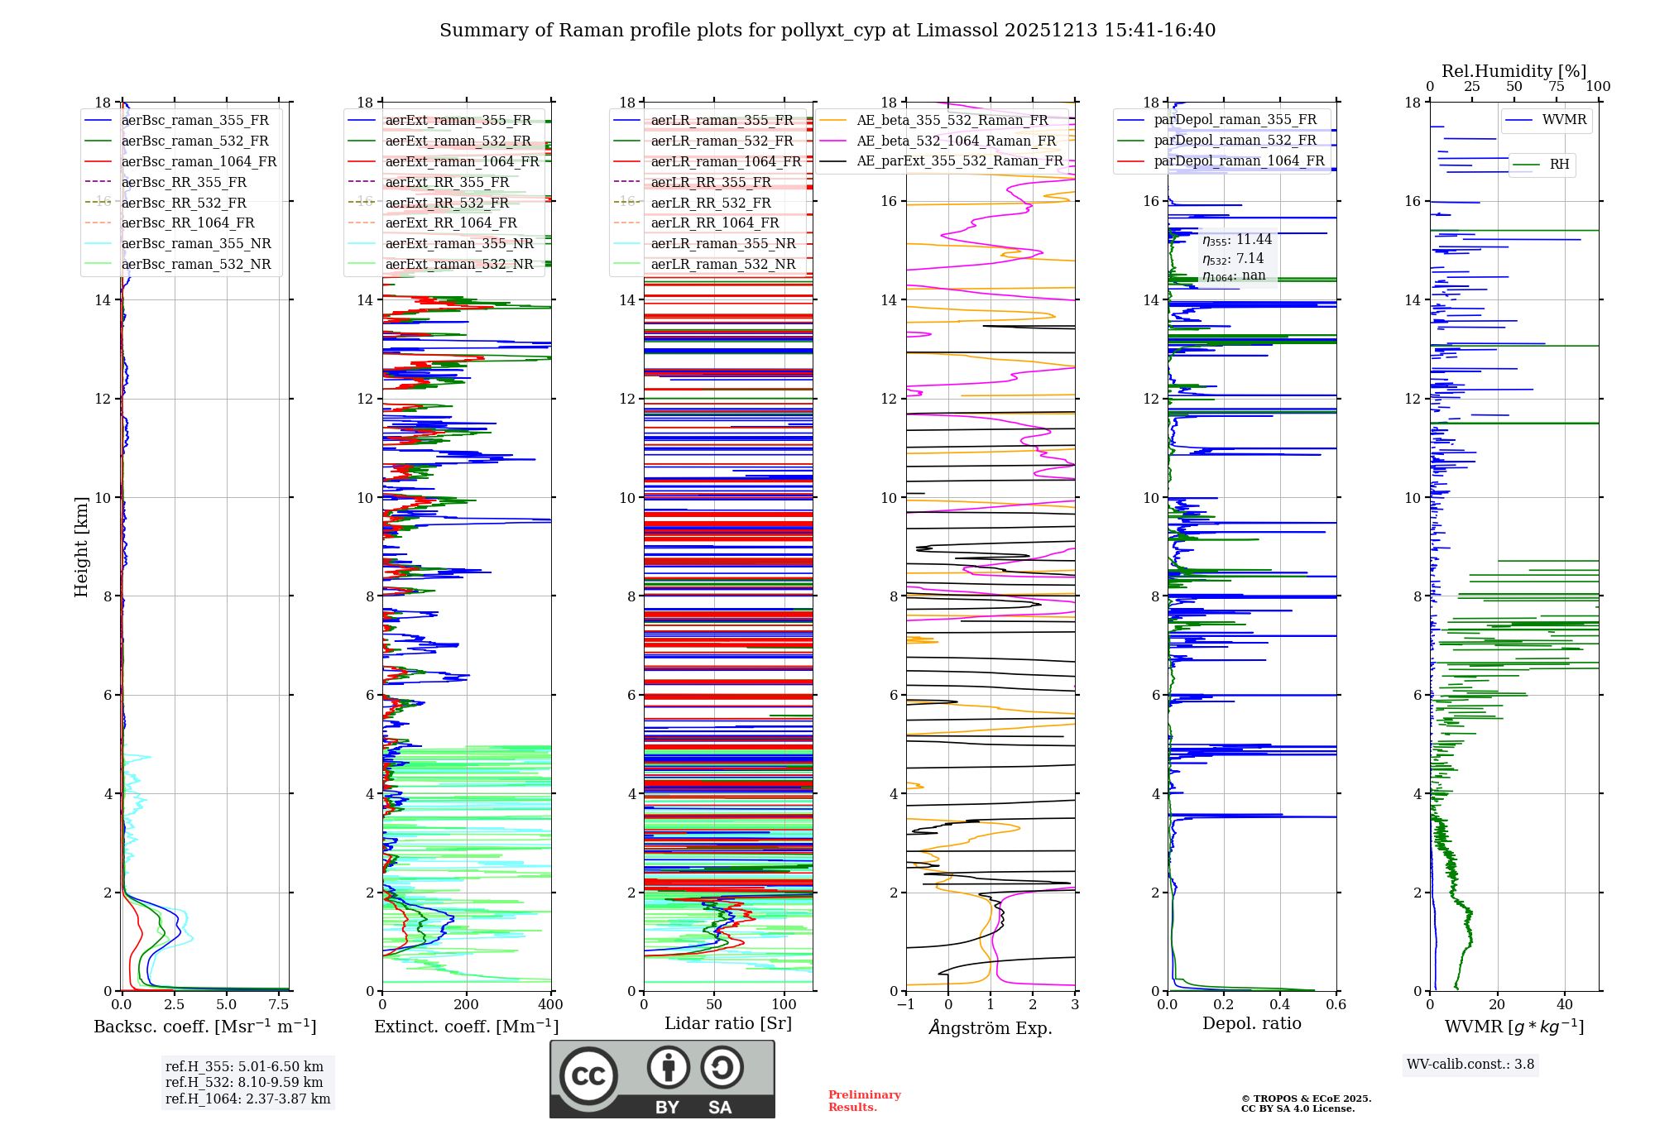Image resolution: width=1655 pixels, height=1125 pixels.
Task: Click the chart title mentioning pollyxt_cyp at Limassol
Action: (827, 31)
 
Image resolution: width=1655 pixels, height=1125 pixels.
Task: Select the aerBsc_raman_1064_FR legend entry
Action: (199, 161)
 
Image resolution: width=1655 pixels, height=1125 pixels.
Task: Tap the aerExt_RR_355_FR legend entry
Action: (447, 182)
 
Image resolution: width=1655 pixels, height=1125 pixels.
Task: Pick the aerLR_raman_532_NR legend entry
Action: (722, 264)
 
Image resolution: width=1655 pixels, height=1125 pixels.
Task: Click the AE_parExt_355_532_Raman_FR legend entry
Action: (959, 160)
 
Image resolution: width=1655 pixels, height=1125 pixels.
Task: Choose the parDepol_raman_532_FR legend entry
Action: (1235, 140)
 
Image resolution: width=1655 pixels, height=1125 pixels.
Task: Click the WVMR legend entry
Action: (1564, 120)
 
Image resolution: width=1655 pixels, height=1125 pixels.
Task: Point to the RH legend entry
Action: (1559, 165)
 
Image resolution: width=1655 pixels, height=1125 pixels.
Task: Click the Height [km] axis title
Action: (81, 547)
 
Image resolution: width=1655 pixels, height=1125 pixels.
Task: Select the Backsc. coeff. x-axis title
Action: (205, 1027)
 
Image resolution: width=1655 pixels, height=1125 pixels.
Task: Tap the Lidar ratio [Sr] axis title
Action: (728, 1023)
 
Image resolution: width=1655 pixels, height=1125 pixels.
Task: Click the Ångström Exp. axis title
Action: (991, 1027)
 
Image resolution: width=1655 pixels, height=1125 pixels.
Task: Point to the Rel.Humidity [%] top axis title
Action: (1513, 71)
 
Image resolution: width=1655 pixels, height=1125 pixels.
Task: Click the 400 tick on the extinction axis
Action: (550, 1005)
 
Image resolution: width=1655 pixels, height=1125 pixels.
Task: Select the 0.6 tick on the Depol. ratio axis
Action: (1336, 1005)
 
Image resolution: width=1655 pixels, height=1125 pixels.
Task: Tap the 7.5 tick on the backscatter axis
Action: (279, 1005)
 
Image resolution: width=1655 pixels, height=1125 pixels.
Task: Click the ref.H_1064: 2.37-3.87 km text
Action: (247, 1099)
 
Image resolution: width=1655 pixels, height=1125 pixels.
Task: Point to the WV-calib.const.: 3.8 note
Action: (1470, 1065)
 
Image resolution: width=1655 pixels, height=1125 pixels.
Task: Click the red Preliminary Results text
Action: (864, 1101)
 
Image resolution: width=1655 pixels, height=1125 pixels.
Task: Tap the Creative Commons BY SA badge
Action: (662, 1079)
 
